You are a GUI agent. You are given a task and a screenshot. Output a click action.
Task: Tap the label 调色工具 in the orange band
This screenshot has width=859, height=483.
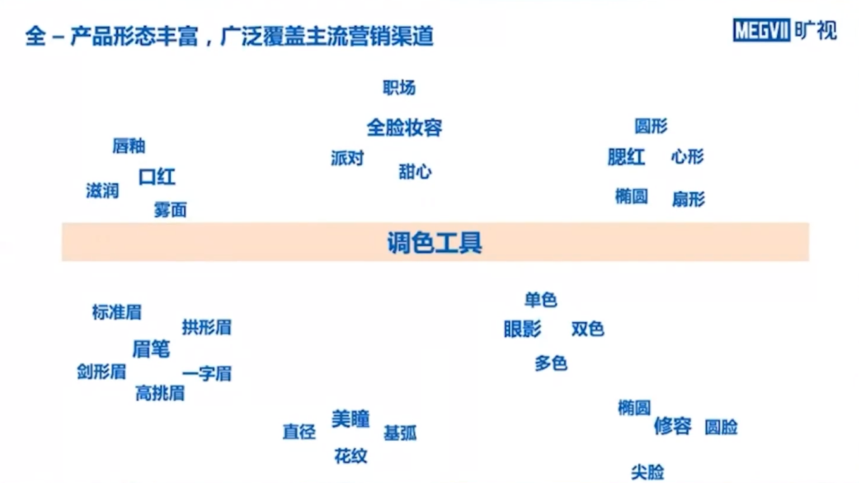click(x=434, y=242)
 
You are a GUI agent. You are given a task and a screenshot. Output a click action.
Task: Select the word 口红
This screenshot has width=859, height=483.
click(x=157, y=177)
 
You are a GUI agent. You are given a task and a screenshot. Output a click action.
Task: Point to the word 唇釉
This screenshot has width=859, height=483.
click(x=129, y=146)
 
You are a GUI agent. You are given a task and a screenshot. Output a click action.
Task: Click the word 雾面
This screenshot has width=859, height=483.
click(x=170, y=210)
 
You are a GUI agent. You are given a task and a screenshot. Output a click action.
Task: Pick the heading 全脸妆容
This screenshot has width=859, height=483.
click(x=404, y=128)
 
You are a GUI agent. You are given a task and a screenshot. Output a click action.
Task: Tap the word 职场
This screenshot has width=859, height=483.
click(x=399, y=87)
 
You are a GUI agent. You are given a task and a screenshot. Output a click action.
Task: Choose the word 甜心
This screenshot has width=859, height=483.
click(x=415, y=172)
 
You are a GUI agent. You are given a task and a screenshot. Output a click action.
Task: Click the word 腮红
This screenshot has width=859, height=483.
click(x=626, y=157)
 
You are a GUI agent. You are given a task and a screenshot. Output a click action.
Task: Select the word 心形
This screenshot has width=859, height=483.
click(x=688, y=157)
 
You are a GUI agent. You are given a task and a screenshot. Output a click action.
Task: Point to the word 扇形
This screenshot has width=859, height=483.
click(x=688, y=200)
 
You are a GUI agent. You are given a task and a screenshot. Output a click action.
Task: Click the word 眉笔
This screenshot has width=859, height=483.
click(x=151, y=349)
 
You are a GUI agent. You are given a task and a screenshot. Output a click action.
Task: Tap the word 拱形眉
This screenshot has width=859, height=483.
click(x=206, y=327)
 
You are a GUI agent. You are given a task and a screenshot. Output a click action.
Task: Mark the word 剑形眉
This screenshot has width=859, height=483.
click(x=101, y=372)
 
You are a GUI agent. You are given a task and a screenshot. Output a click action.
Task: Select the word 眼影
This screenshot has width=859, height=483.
click(x=522, y=329)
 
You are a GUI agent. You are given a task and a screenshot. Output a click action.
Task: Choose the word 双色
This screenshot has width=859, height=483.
click(x=588, y=329)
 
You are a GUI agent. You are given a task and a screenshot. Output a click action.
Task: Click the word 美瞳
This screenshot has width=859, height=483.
click(x=350, y=418)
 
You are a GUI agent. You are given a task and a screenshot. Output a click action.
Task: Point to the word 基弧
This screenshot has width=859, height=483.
click(x=400, y=434)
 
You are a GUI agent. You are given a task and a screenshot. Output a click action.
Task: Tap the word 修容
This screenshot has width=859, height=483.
click(x=672, y=426)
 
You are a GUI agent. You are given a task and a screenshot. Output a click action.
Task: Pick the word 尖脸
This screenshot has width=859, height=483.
click(x=648, y=472)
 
